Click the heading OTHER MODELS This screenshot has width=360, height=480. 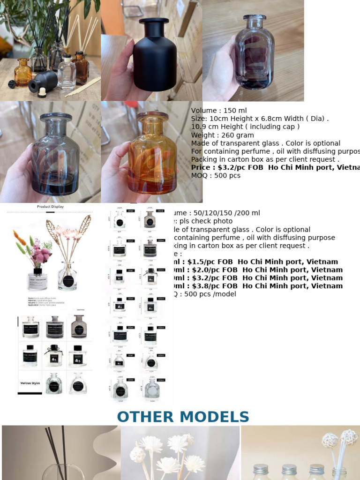[x=183, y=417]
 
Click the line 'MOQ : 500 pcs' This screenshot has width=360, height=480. [x=216, y=175]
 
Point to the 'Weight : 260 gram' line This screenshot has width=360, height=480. [x=216, y=135]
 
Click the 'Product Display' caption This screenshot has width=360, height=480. [x=50, y=206]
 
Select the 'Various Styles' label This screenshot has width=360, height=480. [x=30, y=383]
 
